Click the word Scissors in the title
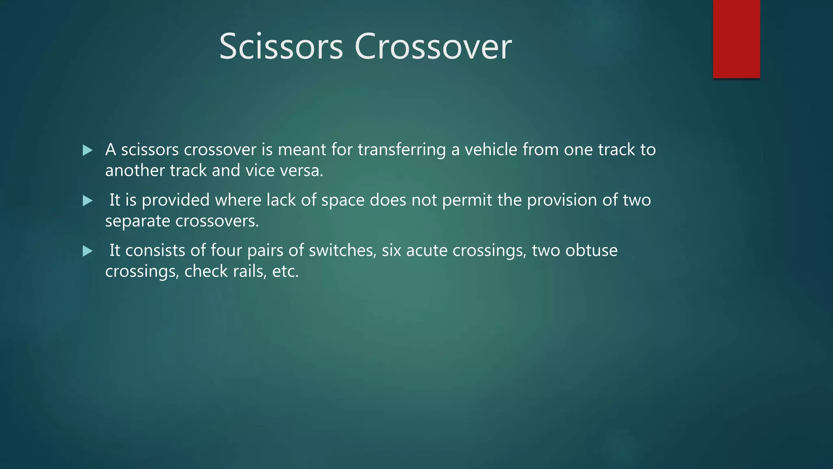(x=281, y=47)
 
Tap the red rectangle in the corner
(x=736, y=39)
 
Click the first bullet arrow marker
(x=87, y=151)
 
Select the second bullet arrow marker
(x=87, y=201)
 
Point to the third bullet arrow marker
(x=87, y=251)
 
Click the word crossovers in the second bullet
(x=217, y=221)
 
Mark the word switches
(x=342, y=250)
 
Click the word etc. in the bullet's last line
(x=285, y=272)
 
